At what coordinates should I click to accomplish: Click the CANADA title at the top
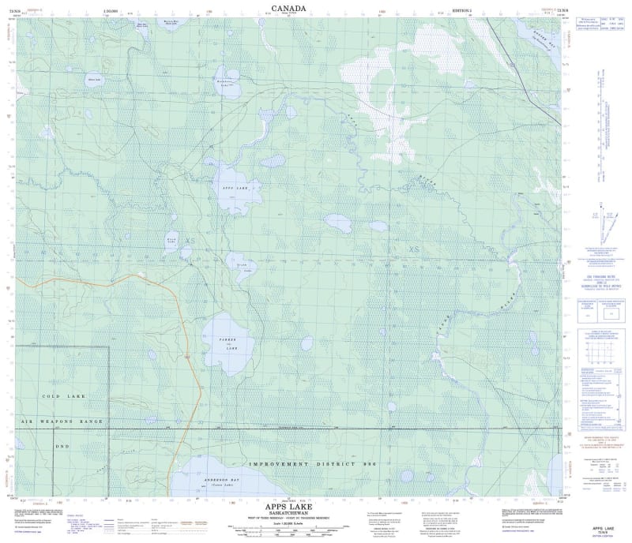pos(288,9)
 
